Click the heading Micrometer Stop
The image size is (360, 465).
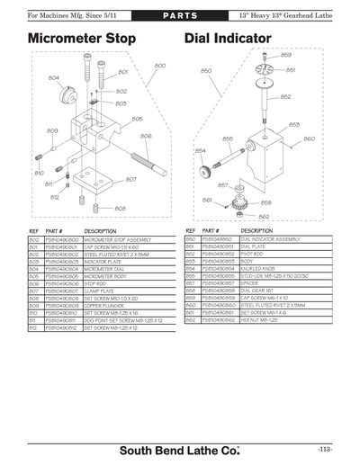pos(82,40)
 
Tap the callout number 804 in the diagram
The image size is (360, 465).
pos(54,78)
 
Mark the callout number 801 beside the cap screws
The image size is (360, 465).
pos(122,72)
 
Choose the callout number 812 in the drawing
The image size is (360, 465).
pos(54,196)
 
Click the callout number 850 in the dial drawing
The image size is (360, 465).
pos(206,71)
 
